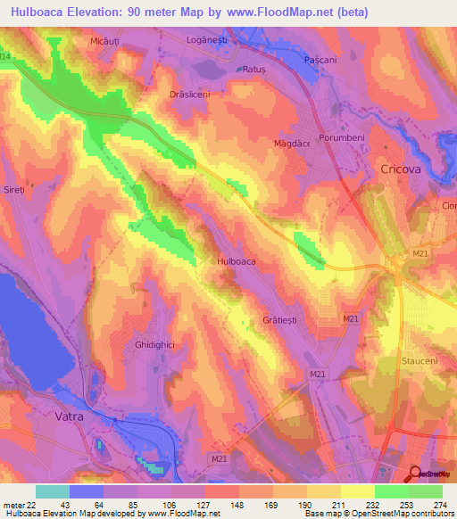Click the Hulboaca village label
point(237,261)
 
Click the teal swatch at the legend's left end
point(52,491)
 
